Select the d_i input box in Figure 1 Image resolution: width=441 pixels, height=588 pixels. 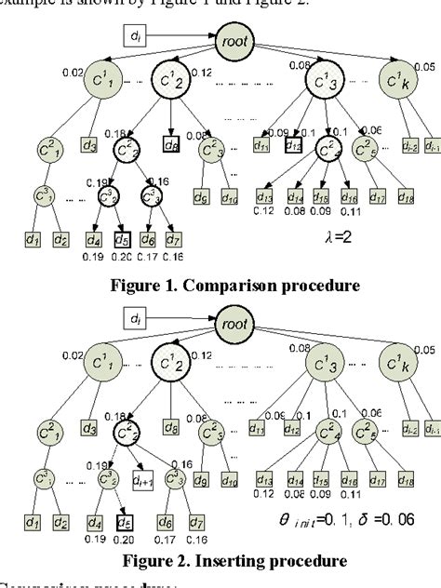pos(136,37)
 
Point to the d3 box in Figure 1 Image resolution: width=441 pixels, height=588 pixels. pos(88,145)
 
